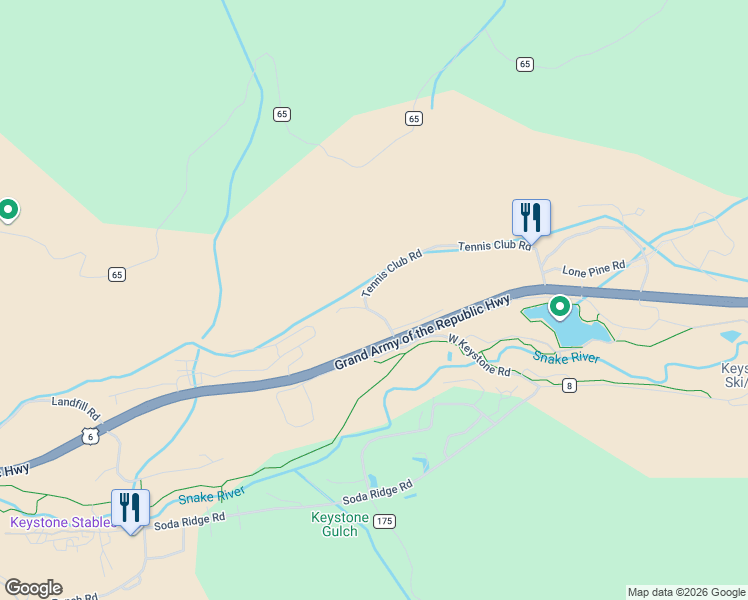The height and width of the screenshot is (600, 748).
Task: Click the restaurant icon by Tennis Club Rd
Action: [x=531, y=217]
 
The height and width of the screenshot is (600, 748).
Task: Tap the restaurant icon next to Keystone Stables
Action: [x=130, y=508]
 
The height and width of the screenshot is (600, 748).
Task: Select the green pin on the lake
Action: [x=560, y=307]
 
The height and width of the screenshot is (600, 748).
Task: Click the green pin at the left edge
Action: [x=8, y=210]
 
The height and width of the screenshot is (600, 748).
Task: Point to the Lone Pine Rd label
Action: [x=593, y=268]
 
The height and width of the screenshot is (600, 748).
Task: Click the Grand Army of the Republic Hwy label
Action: [x=422, y=332]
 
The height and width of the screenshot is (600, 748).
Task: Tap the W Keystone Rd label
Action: [x=479, y=355]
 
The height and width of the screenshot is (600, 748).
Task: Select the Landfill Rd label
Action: [x=76, y=408]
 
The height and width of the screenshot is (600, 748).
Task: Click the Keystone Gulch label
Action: [x=340, y=524]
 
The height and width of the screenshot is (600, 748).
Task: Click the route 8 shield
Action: [x=569, y=386]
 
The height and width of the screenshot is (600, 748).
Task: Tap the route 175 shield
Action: [x=385, y=521]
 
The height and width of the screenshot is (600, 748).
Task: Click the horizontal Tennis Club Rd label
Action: [x=493, y=245]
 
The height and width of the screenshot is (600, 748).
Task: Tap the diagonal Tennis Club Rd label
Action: [x=392, y=273]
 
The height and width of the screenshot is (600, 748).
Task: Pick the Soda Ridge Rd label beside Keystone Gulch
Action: [x=378, y=491]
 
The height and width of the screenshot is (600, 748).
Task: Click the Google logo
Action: [x=33, y=588]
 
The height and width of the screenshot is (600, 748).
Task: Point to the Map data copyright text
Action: [x=686, y=592]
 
